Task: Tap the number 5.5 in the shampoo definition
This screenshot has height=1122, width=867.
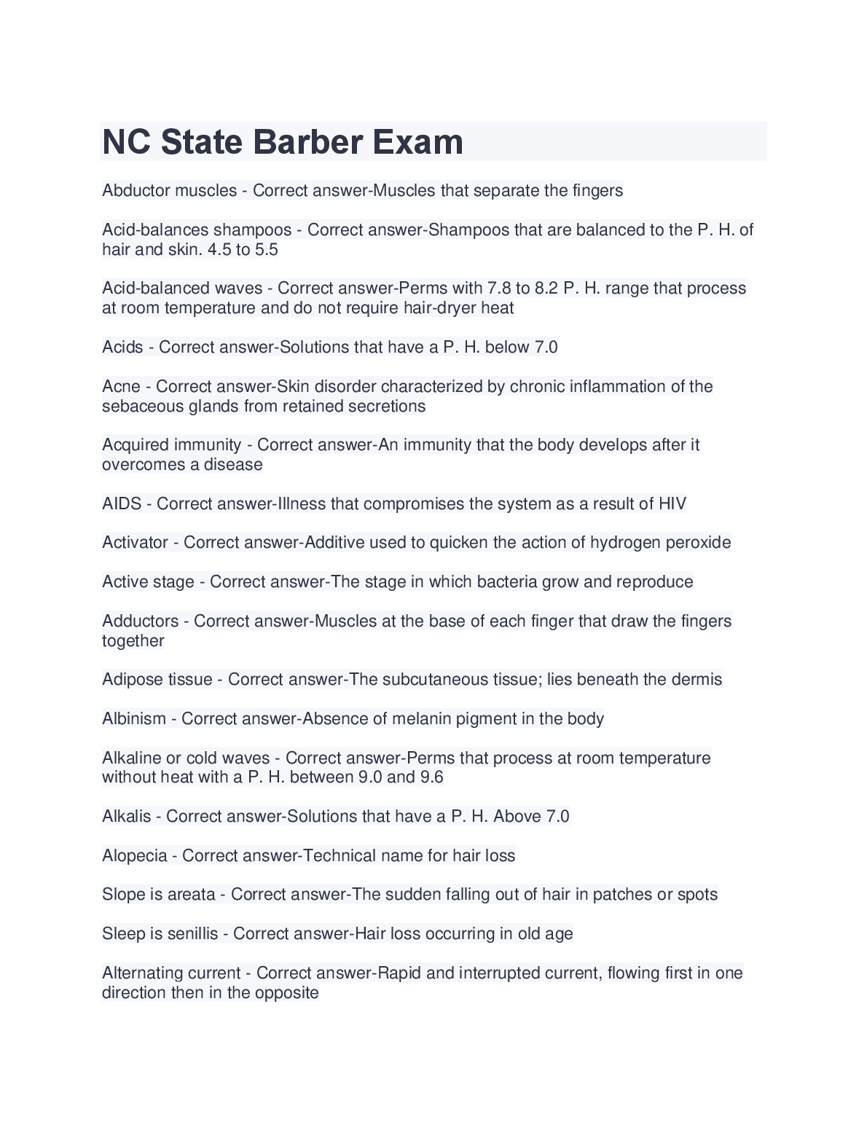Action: [267, 250]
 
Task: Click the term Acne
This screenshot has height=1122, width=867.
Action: [121, 386]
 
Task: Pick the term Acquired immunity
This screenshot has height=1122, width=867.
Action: [172, 445]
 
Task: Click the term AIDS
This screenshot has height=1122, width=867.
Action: [122, 504]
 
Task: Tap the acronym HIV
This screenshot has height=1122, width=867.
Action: [672, 504]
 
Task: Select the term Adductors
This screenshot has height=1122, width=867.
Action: [141, 621]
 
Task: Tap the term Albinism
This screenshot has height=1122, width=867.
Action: [134, 719]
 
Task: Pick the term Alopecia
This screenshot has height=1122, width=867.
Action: [135, 855]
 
